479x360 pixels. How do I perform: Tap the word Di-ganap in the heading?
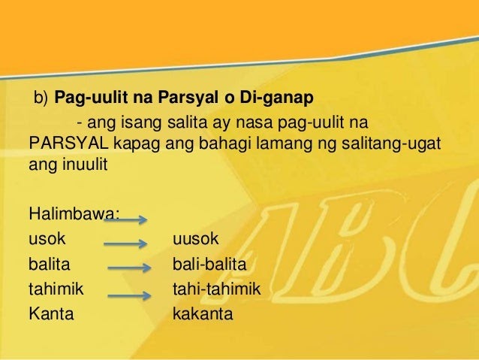click(x=277, y=98)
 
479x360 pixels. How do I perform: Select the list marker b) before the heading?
click(x=41, y=98)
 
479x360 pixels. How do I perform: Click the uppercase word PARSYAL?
click(x=68, y=143)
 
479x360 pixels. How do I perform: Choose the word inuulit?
click(x=86, y=165)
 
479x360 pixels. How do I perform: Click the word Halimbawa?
click(x=74, y=213)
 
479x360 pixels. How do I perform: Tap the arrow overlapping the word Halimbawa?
click(x=125, y=219)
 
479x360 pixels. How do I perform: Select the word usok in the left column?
click(x=47, y=238)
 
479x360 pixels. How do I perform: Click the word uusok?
click(x=196, y=238)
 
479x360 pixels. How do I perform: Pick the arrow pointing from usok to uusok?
click(x=125, y=244)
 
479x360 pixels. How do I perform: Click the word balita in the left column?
click(x=50, y=264)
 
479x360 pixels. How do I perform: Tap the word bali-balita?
click(x=209, y=264)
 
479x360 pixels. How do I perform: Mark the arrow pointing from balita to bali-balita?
click(x=129, y=268)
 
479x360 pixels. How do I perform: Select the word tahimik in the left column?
click(x=56, y=289)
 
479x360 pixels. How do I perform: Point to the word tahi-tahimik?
click(x=217, y=289)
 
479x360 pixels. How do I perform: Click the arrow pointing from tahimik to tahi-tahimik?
click(x=129, y=295)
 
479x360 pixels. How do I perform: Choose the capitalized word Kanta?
click(x=51, y=313)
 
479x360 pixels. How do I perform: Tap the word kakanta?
click(x=203, y=313)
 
